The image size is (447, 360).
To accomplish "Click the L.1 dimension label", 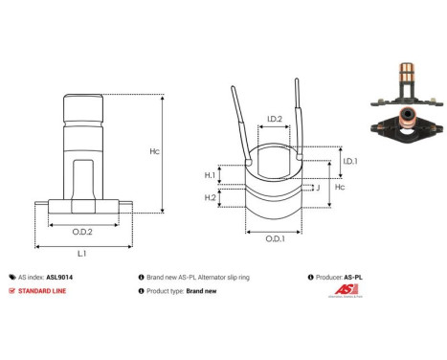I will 82,254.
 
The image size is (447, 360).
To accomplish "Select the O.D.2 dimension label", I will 82,231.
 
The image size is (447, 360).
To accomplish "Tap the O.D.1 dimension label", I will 275,238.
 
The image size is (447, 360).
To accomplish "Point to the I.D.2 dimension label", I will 273,119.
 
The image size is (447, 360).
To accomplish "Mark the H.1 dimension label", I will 211,175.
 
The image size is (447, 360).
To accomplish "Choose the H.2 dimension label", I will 211,197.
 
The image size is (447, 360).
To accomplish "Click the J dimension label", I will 317,189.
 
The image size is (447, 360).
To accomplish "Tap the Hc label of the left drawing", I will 180,152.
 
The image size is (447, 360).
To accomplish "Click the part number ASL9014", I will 59,274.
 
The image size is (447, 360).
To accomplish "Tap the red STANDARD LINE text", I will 45,291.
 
